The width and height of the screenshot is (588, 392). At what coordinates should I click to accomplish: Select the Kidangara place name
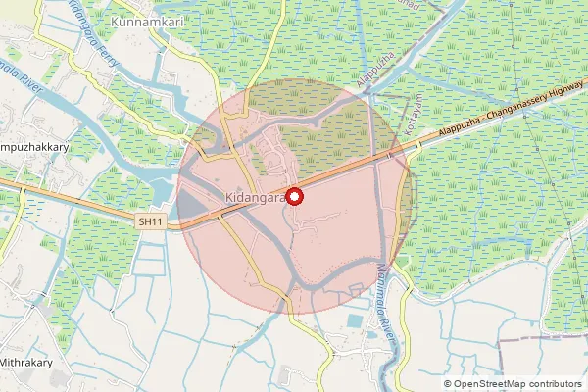click(255, 197)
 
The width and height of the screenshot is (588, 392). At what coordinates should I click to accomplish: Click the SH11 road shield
click(150, 222)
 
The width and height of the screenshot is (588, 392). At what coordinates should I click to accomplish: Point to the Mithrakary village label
click(30, 363)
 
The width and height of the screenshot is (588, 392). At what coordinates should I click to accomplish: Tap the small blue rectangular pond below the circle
click(356, 321)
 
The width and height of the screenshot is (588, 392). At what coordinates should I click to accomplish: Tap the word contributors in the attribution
click(554, 384)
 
